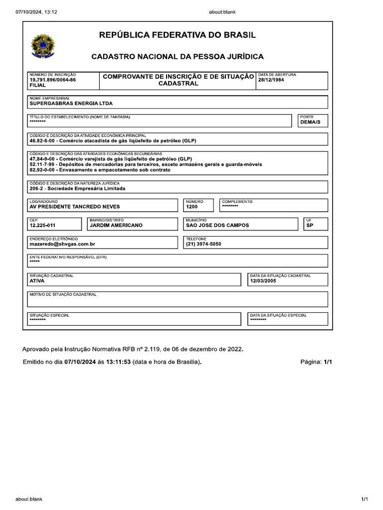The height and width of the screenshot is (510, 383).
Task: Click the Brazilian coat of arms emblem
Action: point(45,46)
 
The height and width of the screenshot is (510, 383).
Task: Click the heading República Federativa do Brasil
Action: point(178,35)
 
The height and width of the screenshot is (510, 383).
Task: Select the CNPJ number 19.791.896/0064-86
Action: point(52,80)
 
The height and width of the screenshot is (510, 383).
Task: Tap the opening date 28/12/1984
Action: point(271,80)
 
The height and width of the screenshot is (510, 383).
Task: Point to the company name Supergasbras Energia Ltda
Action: point(71,104)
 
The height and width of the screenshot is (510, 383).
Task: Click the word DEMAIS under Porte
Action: point(310,122)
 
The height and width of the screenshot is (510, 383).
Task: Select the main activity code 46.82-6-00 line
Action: point(113,141)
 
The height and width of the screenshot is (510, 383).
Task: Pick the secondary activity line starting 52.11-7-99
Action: point(146,164)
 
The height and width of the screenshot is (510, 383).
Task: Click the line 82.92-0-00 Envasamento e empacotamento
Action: point(100,170)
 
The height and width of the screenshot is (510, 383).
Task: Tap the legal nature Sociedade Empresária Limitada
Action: point(77,189)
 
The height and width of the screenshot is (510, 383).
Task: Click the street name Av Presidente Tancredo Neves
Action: point(75,207)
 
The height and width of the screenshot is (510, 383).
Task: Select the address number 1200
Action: point(192,207)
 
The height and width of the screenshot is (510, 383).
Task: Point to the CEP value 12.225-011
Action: point(42,225)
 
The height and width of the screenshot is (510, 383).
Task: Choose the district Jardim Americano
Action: point(116,225)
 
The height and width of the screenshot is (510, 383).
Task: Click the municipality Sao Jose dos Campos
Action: point(217,225)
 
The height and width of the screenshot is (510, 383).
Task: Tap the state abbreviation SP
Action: point(310,225)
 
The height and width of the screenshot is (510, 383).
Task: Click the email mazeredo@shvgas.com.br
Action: point(62,244)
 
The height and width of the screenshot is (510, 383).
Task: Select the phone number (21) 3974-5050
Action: point(203,244)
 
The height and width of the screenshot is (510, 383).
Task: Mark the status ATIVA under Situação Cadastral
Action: point(37,281)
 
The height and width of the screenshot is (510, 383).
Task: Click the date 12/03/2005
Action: point(263,281)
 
